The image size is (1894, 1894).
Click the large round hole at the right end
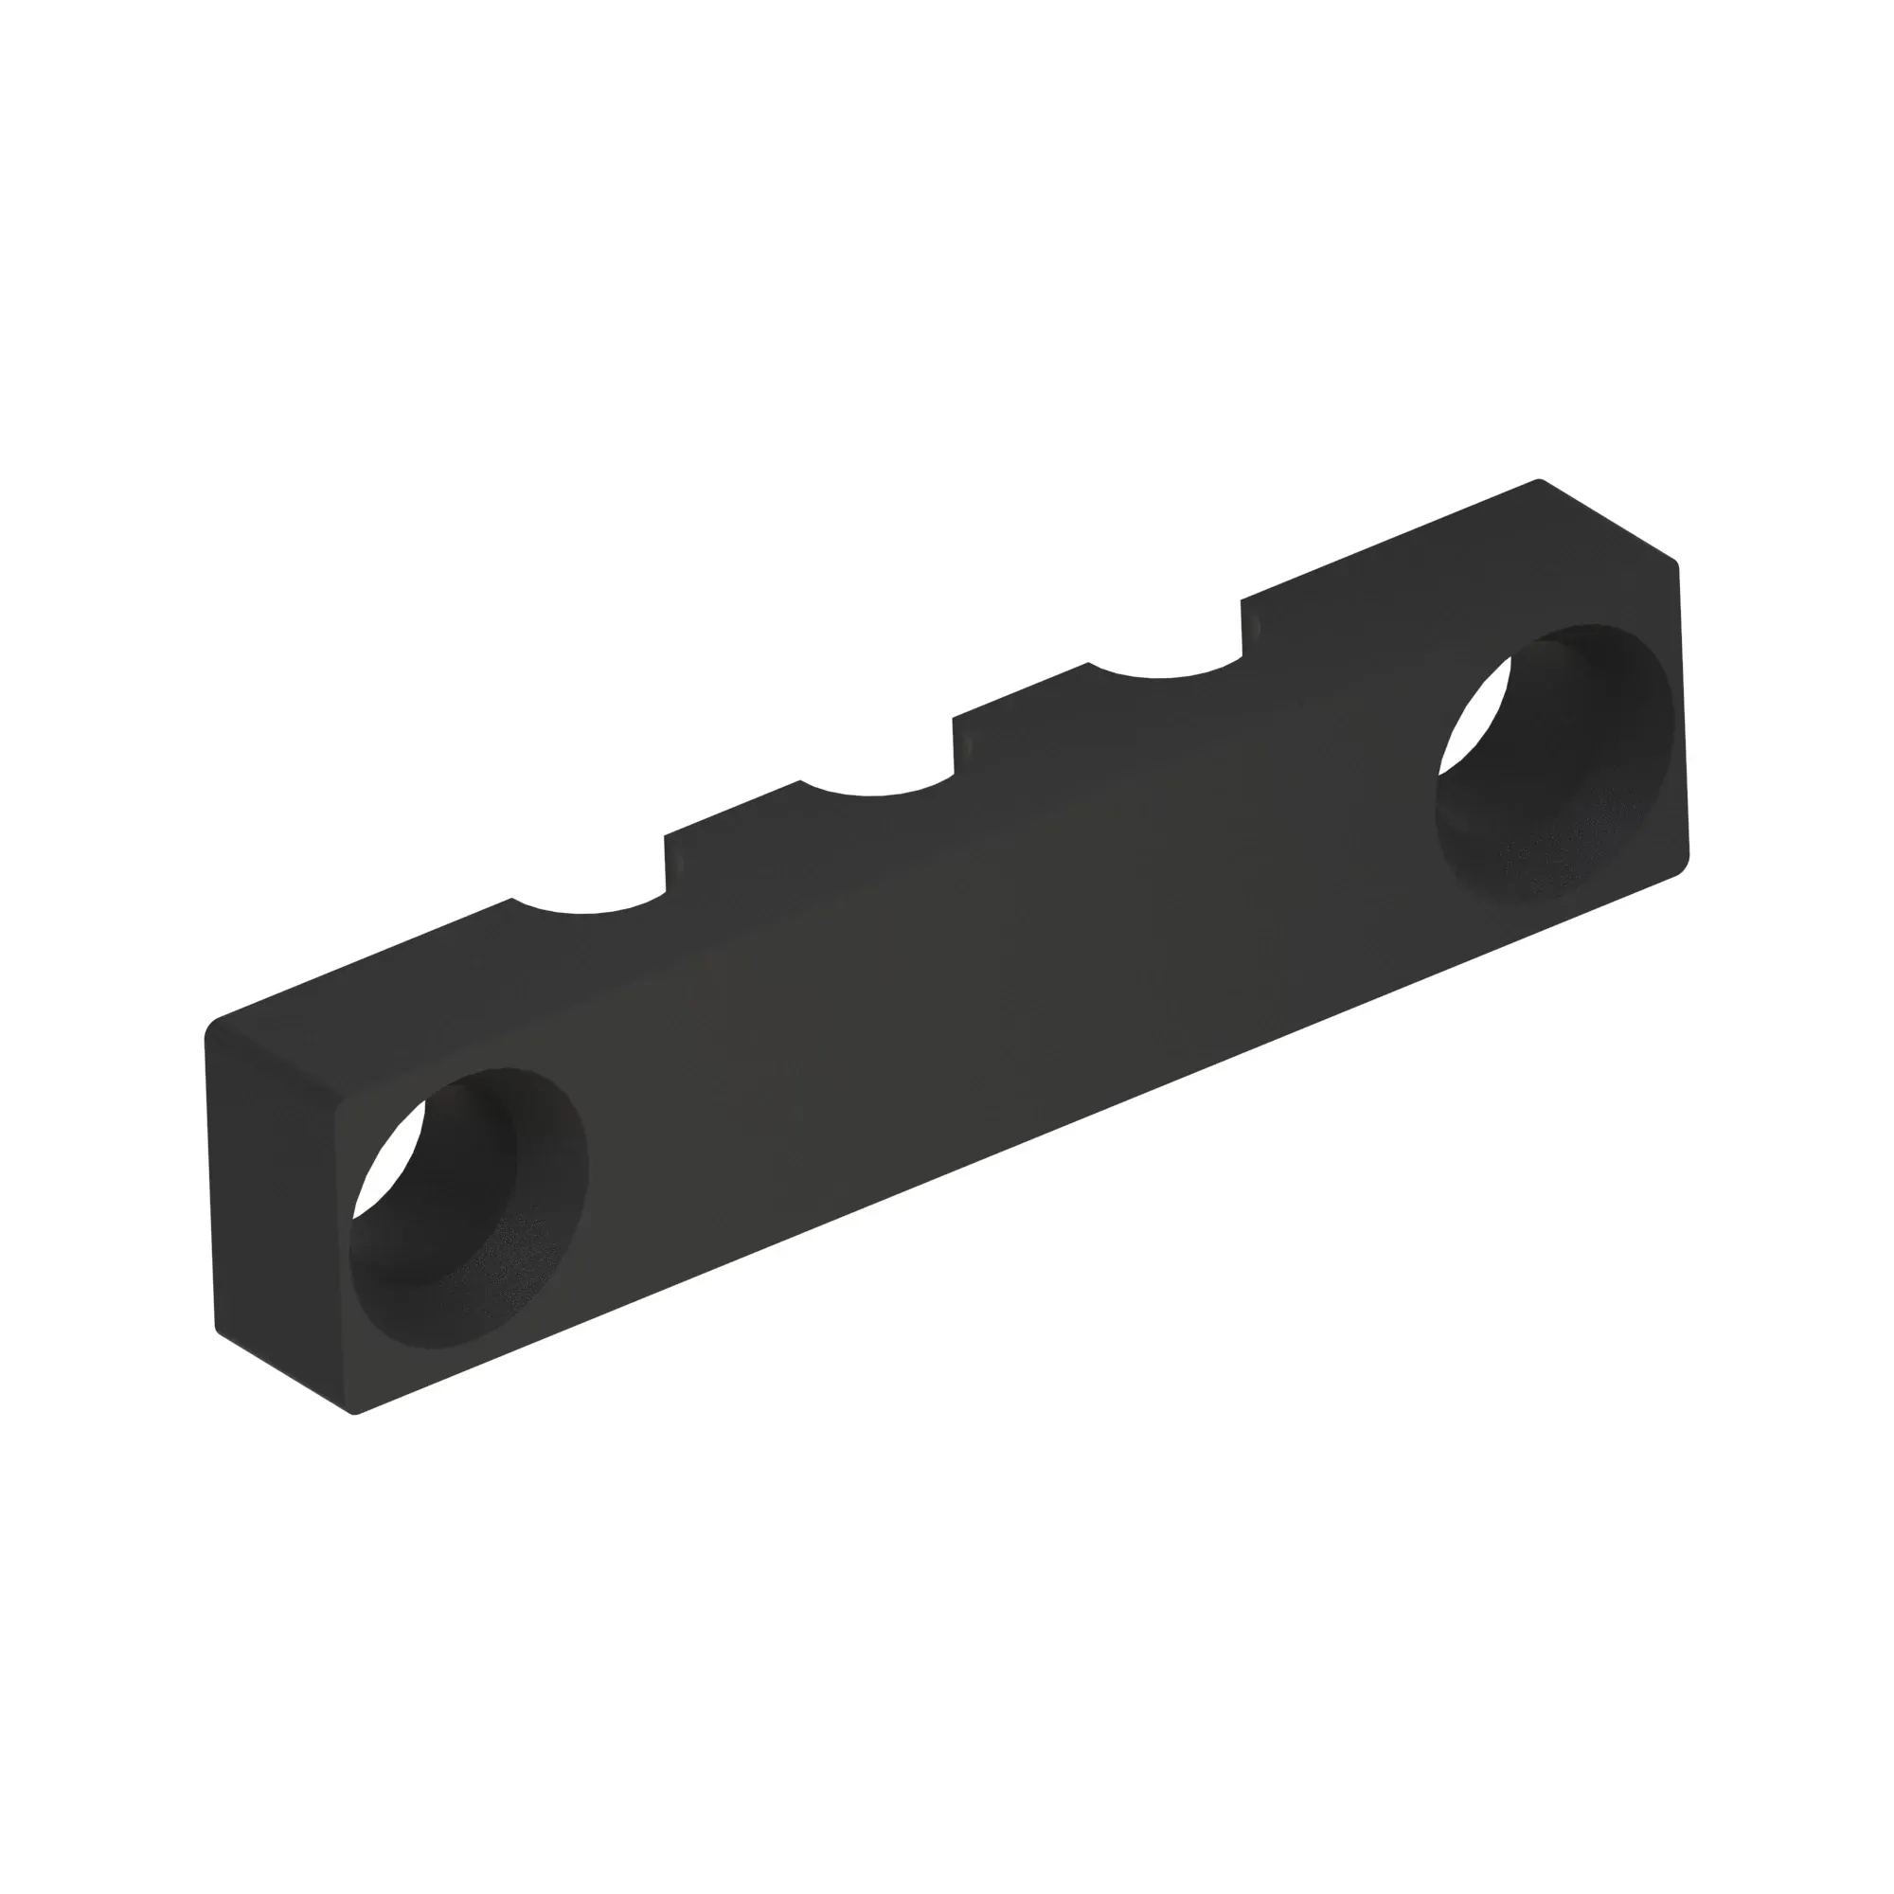pyautogui.click(x=1555, y=762)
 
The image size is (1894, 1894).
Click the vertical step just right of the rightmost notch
pyautogui.click(x=1248, y=628)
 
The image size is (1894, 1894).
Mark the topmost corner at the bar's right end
pyautogui.click(x=1537, y=481)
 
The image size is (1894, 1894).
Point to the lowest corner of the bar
pyautogui.click(x=355, y=1413)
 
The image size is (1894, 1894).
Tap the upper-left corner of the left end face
pyautogui.click(x=212, y=1026)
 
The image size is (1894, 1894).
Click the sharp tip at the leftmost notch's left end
pyautogui.click(x=512, y=899)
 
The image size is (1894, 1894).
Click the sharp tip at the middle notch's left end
pyautogui.click(x=801, y=781)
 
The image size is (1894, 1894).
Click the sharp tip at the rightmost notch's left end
pyautogui.click(x=1088, y=664)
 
